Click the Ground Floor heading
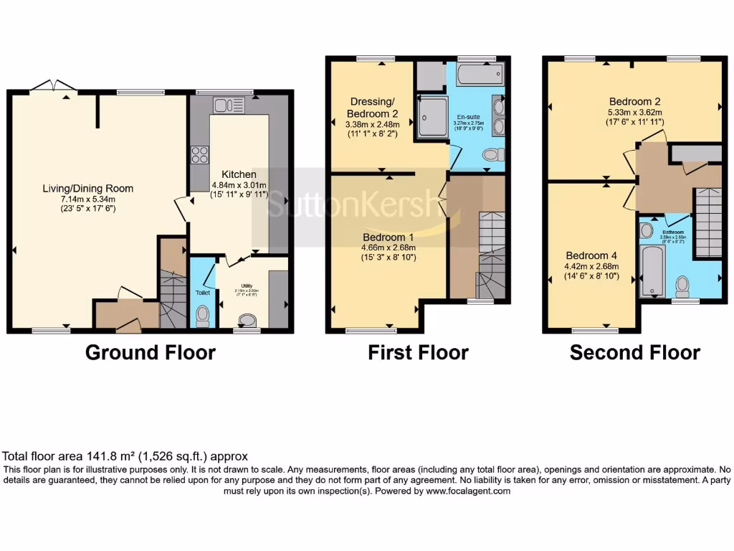[x=150, y=352]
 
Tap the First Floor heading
[x=418, y=352]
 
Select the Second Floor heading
[x=634, y=352]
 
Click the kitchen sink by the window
[x=229, y=106]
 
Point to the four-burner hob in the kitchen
[x=199, y=155]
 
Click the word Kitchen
[x=239, y=174]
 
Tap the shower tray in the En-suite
[x=433, y=116]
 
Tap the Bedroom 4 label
[x=591, y=255]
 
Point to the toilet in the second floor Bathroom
[x=682, y=286]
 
